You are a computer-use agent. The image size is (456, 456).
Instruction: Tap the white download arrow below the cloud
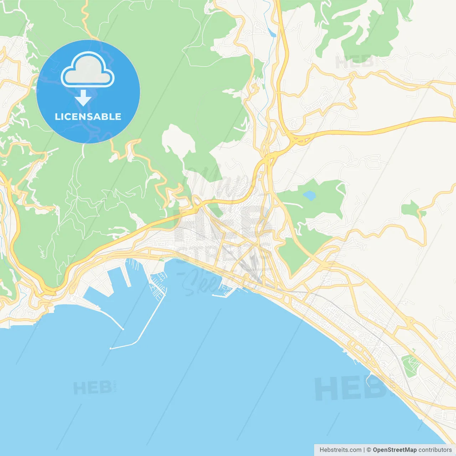(x=83, y=98)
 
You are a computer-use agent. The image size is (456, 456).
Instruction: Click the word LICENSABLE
(x=88, y=116)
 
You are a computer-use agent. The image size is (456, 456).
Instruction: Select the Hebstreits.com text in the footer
(x=340, y=450)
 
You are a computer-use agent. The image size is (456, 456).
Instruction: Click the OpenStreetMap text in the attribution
(x=394, y=450)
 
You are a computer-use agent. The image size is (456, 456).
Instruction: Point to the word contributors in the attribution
(x=435, y=450)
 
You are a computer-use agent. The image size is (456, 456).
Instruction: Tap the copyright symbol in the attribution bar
(x=369, y=450)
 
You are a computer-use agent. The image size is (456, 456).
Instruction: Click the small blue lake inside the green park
(x=309, y=195)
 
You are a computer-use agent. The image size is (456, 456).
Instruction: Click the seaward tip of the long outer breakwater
(x=111, y=348)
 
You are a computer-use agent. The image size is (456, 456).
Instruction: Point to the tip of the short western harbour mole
(x=123, y=329)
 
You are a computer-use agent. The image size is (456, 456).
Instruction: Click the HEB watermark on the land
(x=354, y=61)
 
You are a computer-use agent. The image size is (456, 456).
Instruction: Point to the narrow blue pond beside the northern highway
(x=272, y=33)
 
